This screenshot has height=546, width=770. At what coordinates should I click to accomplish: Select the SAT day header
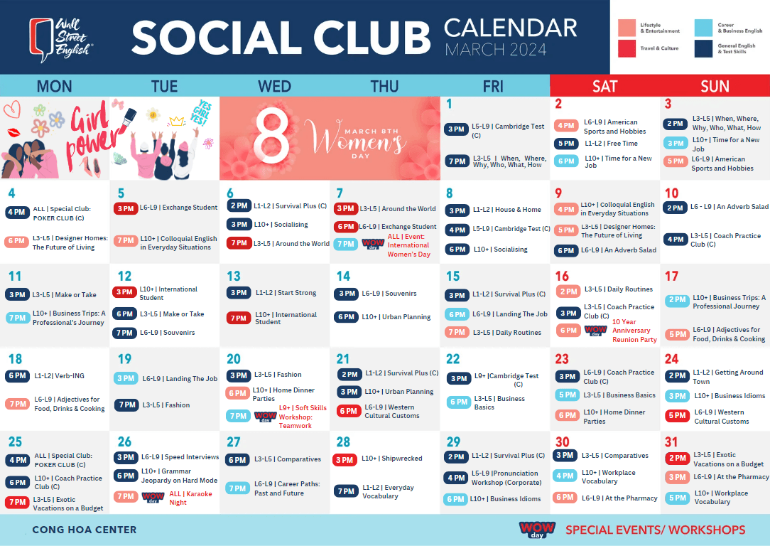(x=604, y=86)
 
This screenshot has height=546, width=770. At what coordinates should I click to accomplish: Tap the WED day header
(x=274, y=86)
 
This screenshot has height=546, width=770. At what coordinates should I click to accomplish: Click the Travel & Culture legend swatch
(x=626, y=48)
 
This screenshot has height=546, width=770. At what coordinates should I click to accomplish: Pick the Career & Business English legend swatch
(x=703, y=28)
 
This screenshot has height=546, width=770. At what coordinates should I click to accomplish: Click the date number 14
(x=343, y=276)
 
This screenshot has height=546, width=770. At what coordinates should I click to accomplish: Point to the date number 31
(x=671, y=441)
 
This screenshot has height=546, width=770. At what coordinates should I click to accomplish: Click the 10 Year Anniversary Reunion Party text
(x=634, y=331)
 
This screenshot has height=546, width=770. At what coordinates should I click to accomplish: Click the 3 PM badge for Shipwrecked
(x=345, y=460)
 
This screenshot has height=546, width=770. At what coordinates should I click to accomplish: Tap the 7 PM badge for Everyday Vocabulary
(x=345, y=491)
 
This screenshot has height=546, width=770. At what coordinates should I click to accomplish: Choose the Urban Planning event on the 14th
(x=396, y=317)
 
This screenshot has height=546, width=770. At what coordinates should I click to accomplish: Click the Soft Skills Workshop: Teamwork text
(x=303, y=417)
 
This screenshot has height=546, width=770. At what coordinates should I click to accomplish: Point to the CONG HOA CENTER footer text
(x=85, y=530)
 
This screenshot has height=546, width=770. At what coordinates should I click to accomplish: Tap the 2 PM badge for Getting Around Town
(x=676, y=375)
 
